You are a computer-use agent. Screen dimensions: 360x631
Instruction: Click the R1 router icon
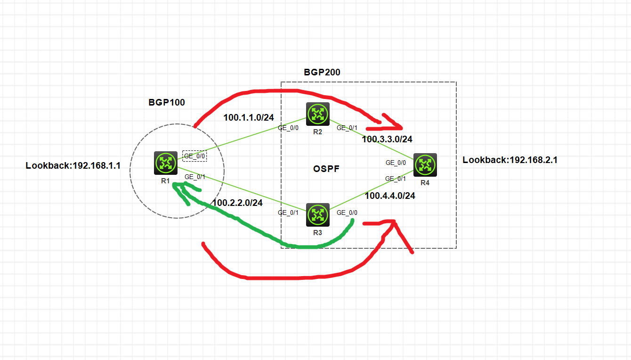coord(165,163)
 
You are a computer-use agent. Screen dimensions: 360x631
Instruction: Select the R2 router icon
coord(317,114)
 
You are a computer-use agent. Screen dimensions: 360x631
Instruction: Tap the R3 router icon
coord(317,214)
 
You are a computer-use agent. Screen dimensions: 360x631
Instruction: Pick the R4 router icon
coord(425,165)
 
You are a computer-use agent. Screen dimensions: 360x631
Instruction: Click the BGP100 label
coord(167,102)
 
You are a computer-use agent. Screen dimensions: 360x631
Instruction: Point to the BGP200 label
coord(322,72)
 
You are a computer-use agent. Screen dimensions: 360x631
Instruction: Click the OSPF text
coord(326,169)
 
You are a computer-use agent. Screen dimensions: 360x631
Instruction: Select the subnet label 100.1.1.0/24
coord(248,118)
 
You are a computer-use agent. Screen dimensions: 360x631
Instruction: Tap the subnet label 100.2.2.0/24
coord(237,203)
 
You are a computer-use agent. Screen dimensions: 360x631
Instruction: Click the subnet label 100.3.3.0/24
coord(387,139)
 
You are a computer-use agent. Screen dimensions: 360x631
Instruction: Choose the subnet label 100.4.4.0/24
coord(390,196)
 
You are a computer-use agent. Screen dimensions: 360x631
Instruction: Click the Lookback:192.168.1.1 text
coord(73,165)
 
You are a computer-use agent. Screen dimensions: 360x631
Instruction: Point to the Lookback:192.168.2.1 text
coord(510,160)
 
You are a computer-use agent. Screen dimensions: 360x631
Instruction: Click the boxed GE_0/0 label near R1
coord(194,156)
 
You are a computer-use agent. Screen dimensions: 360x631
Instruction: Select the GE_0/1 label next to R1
coord(194,177)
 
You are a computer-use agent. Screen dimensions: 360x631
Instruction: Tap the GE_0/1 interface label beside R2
coord(347,128)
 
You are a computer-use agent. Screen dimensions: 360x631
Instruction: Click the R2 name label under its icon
coord(317,131)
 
